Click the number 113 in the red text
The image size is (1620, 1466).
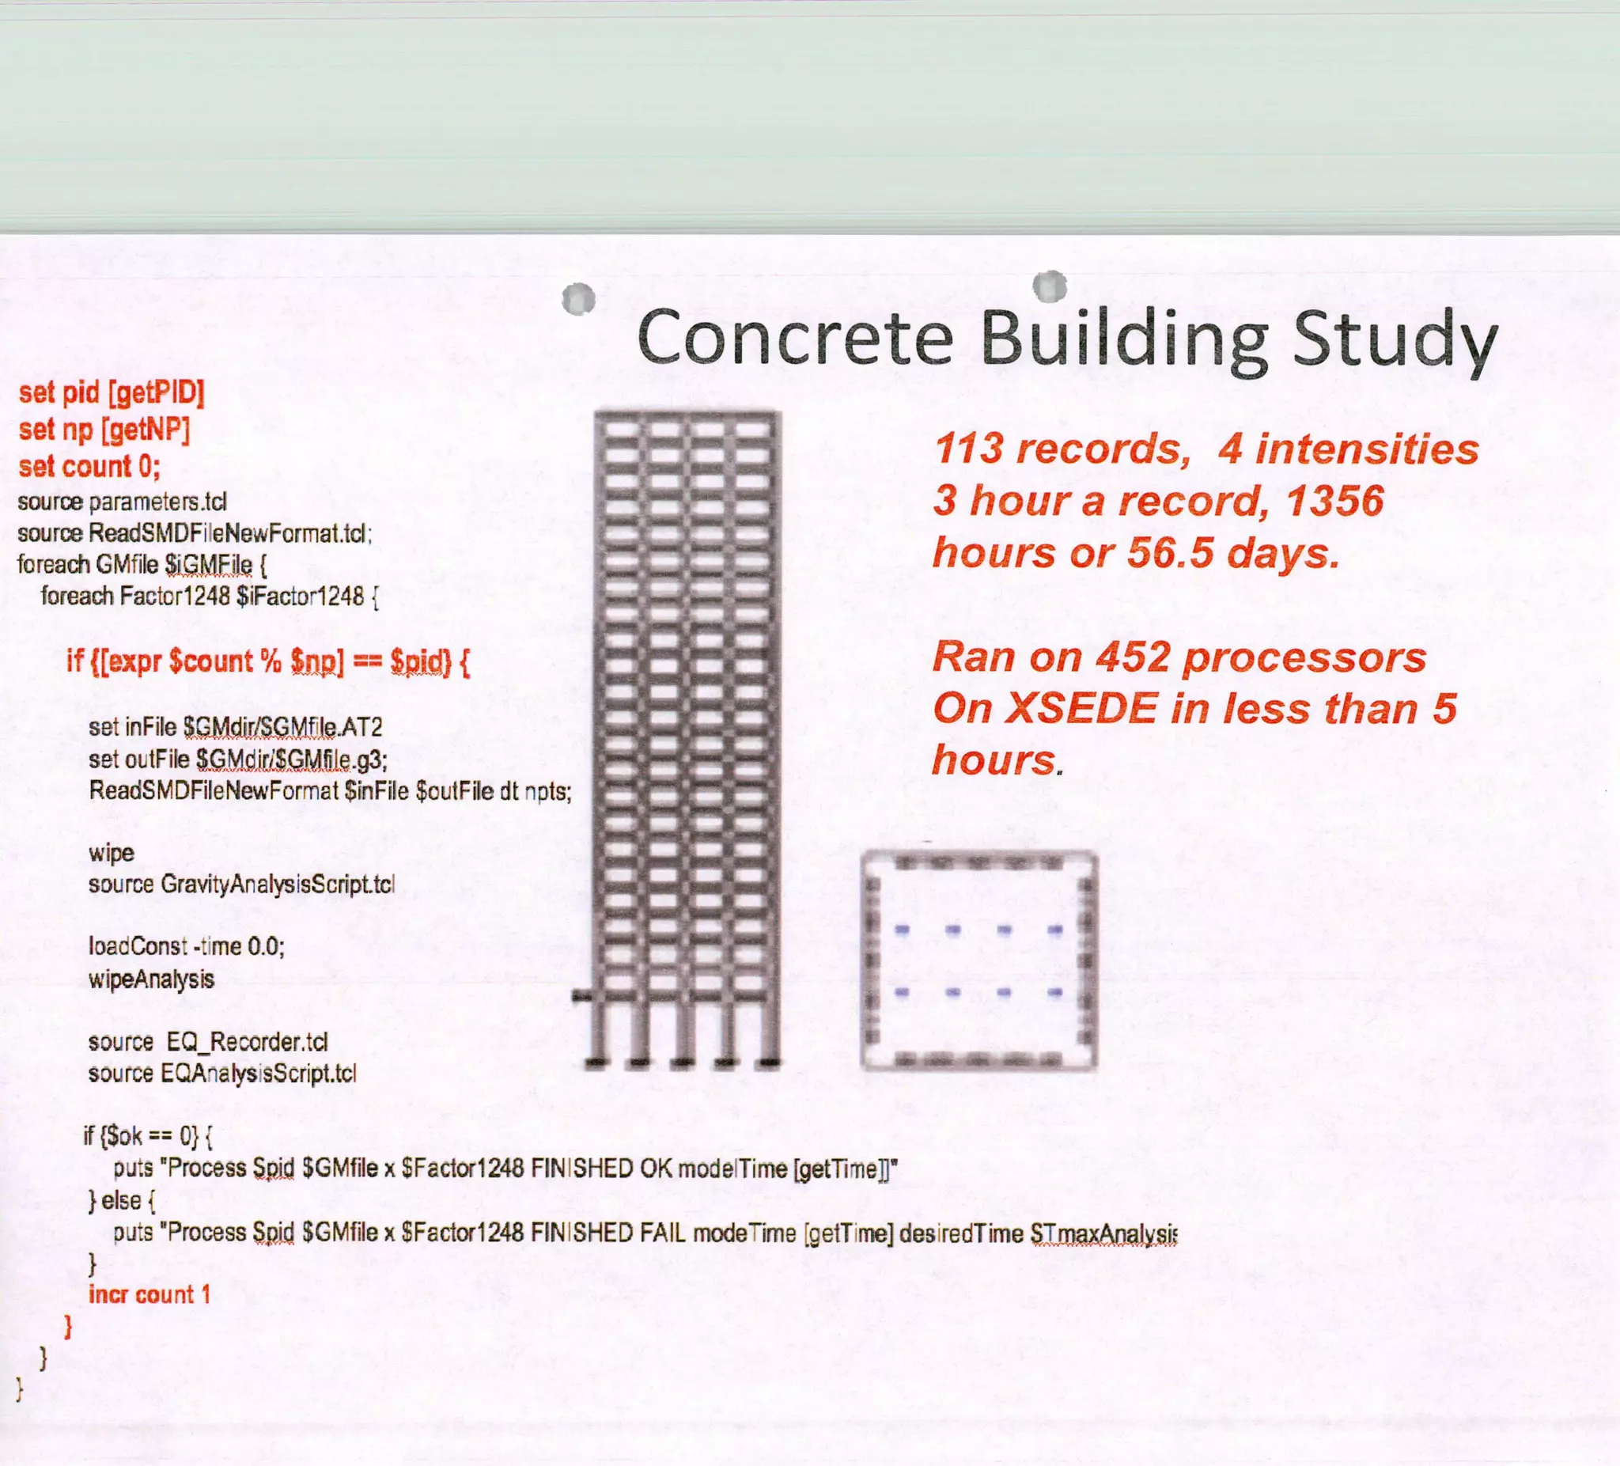[x=969, y=448]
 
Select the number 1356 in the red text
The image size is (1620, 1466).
[x=1334, y=500]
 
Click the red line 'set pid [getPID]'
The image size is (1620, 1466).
[x=112, y=393]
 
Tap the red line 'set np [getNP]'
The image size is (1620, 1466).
[x=104, y=430]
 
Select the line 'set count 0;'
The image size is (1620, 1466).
[x=89, y=466]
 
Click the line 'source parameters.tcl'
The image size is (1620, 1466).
[x=122, y=502]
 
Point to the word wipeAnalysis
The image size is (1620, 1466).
[x=151, y=979]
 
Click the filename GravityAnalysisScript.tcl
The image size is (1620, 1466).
[x=277, y=884]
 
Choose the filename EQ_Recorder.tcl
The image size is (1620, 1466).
[x=247, y=1042]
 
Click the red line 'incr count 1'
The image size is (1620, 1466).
[x=150, y=1294]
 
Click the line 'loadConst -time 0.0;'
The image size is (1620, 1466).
[x=187, y=946]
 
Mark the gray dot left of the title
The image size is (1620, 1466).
[x=578, y=299]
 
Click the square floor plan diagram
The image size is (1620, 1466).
[x=978, y=960]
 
